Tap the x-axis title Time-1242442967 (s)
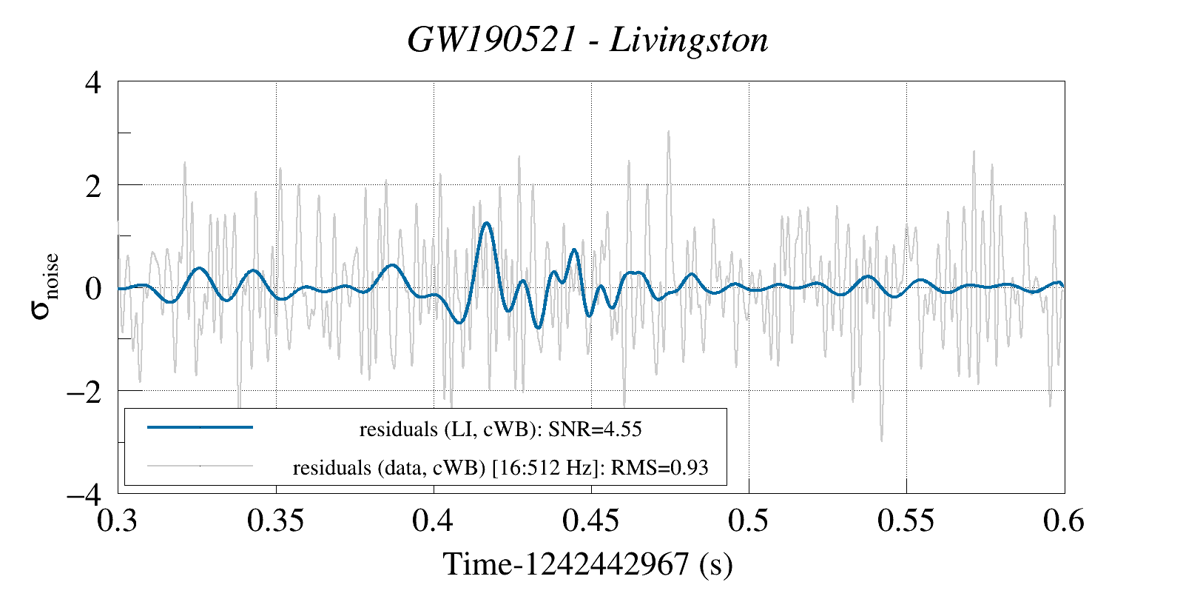[x=587, y=564]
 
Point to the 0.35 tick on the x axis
[x=275, y=521]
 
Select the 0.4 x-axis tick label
[x=433, y=521]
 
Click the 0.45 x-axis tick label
[x=590, y=521]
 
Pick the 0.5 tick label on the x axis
[x=748, y=521]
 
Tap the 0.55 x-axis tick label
[x=906, y=521]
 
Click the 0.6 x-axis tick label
[x=1063, y=521]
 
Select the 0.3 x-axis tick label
[x=118, y=521]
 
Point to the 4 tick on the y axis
[x=92, y=82]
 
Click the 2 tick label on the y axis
[x=92, y=185]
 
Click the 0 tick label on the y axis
[x=92, y=288]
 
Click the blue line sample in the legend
[x=200, y=427]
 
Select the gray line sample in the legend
[x=200, y=466]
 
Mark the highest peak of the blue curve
[x=486, y=223]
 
